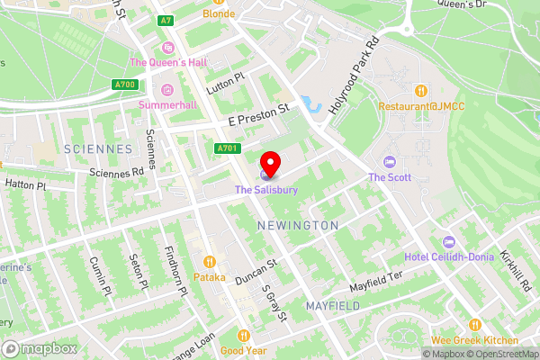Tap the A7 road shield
[x=165, y=20]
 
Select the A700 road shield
[x=126, y=85]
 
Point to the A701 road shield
[x=228, y=148]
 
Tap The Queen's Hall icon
[x=166, y=48]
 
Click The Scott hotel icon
[x=389, y=162]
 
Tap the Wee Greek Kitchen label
[x=474, y=340]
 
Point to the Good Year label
[x=243, y=351]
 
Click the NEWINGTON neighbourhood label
[x=297, y=225]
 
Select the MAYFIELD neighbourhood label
[x=332, y=306]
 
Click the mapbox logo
[x=40, y=348]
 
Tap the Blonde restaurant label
[x=219, y=13]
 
